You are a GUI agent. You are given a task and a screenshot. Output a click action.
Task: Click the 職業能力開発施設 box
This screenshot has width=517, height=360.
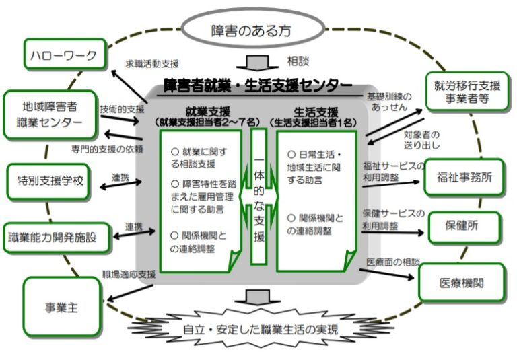[x=57, y=237]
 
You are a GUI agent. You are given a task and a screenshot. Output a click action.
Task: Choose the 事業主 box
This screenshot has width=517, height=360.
[x=61, y=307]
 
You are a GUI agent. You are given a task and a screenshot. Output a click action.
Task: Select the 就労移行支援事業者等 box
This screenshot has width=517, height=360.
[x=464, y=92]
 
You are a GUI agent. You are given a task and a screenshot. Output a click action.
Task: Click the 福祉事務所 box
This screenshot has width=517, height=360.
[x=464, y=178]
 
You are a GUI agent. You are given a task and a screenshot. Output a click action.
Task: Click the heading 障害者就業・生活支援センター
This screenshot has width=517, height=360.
[x=258, y=85]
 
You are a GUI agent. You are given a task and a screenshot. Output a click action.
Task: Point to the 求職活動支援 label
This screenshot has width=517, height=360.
[x=152, y=64]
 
